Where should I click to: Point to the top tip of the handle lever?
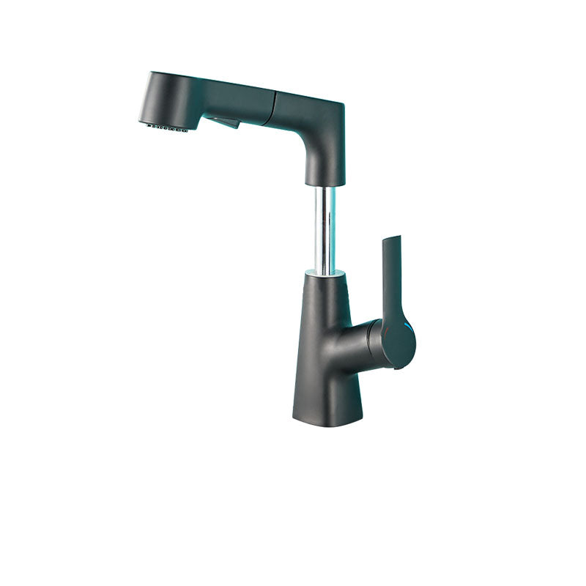click(396, 238)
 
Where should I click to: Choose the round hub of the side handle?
click(398, 344)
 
